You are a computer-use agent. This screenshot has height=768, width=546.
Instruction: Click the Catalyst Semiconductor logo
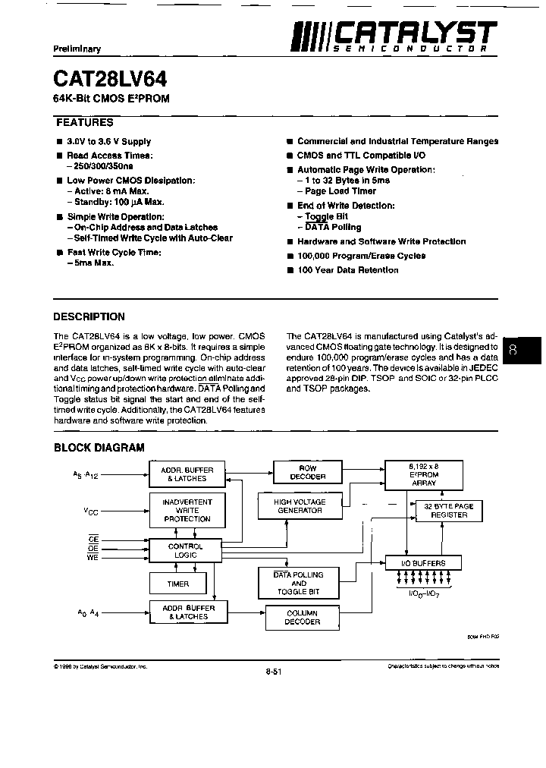coord(395,36)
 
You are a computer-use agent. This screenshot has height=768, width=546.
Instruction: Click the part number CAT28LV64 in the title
coord(111,78)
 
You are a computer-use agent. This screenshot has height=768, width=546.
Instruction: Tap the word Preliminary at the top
coord(77,49)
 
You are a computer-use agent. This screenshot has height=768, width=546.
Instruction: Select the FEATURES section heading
coord(85,122)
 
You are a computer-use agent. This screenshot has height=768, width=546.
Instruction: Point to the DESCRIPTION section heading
coord(89,316)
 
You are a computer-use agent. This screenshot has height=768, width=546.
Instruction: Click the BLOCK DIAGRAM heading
coord(99,448)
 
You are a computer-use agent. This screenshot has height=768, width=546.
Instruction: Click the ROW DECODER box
coord(307,472)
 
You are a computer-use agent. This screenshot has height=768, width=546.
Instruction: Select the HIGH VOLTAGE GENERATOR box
coord(300,506)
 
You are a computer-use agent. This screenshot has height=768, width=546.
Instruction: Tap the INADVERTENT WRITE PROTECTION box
coord(187,510)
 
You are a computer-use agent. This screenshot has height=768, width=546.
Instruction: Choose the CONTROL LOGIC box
coord(185,551)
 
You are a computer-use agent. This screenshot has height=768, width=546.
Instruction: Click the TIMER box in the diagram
coord(178,584)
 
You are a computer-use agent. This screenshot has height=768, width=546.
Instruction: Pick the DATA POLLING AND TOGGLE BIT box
coord(298,584)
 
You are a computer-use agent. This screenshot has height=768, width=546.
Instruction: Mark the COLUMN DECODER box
coord(302,618)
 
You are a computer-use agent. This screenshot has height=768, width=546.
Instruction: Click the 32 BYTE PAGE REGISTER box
coord(449,511)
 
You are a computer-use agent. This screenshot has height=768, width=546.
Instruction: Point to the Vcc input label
coord(91,511)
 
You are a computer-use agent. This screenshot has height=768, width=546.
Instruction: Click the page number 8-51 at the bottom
coord(274,671)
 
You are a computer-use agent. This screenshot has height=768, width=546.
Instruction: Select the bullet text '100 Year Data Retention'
coord(347,270)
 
